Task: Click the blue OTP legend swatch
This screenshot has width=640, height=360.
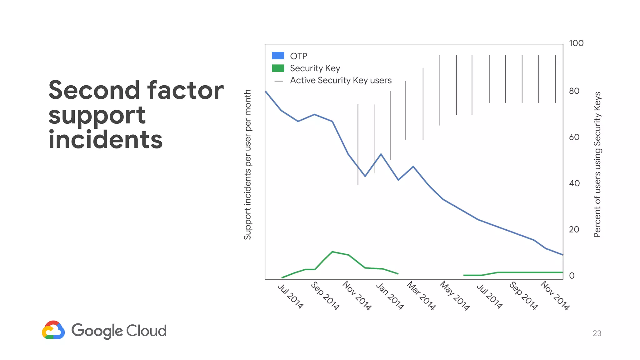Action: click(x=278, y=56)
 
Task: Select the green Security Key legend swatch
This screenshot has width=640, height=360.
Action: click(x=278, y=68)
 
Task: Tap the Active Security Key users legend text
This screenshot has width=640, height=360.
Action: click(x=341, y=80)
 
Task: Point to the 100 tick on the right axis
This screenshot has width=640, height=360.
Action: click(x=576, y=43)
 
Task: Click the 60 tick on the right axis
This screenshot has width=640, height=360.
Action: click(x=574, y=137)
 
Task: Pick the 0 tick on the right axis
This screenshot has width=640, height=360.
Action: click(x=572, y=276)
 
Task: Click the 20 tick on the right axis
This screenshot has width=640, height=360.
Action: click(x=574, y=229)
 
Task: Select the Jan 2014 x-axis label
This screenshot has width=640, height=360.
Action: click(x=390, y=296)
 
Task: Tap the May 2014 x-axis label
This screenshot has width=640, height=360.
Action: click(x=455, y=296)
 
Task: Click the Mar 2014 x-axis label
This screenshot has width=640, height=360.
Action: click(x=421, y=296)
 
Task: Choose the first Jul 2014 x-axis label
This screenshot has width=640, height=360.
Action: click(x=290, y=296)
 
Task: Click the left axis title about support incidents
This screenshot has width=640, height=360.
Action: click(x=247, y=165)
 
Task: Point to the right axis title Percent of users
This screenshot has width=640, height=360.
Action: click(x=597, y=165)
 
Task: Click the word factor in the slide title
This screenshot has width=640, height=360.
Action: click(x=185, y=90)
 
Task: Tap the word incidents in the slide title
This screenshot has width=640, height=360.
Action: click(x=106, y=140)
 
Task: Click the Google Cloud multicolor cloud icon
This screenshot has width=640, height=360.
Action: click(x=53, y=330)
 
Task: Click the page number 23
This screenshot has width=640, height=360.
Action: click(x=597, y=333)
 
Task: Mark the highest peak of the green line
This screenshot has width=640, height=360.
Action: click(x=332, y=252)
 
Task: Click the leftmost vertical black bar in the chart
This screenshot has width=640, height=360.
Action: click(x=358, y=144)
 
